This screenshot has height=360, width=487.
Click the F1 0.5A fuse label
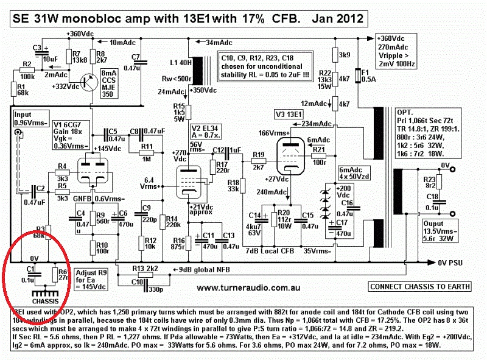pyautogui.click(x=369, y=75)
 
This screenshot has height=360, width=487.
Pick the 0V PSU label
pyautogui.click(x=454, y=263)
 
